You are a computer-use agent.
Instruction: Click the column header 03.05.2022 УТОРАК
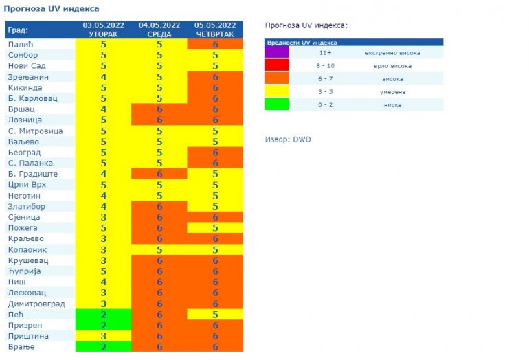[103, 30]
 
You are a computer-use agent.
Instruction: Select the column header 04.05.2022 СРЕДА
[159, 30]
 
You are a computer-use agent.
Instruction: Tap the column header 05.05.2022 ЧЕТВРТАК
[214, 30]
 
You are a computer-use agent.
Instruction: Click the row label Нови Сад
[27, 65]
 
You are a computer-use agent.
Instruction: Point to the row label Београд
[25, 153]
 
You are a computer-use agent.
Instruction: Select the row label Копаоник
[27, 249]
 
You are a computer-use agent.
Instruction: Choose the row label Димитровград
[36, 304]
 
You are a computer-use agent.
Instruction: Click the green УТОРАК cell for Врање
[103, 347]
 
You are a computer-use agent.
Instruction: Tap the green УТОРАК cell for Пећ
[103, 315]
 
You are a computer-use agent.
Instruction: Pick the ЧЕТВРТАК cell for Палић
[214, 44]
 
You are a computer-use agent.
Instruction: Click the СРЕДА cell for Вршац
[159, 109]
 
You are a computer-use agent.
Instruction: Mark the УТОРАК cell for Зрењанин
[103, 76]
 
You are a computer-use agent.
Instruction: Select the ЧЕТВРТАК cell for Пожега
[214, 227]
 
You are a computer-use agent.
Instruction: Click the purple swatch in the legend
[277, 52]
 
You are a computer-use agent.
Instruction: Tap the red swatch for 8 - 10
[277, 65]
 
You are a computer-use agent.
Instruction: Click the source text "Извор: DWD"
[288, 139]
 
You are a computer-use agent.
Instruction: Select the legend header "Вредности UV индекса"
[296, 43]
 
